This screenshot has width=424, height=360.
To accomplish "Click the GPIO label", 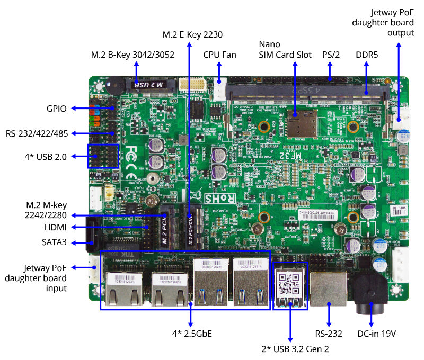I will pos(56,109).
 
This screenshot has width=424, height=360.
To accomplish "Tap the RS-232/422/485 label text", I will pos(37,133).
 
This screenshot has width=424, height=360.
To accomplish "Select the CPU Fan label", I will pos(219,55).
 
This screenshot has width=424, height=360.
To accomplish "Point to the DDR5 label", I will pos(367,55).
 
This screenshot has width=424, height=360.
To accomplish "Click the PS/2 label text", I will pos(331,55).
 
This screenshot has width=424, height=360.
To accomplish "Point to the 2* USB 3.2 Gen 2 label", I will pos(290,349).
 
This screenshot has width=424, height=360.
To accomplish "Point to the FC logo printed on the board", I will pos(132,154).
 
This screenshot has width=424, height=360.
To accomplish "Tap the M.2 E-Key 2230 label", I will pos(192,35).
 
